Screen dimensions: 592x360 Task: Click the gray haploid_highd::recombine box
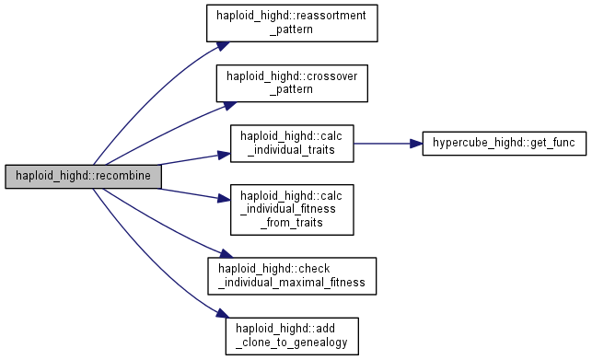coord(83,176)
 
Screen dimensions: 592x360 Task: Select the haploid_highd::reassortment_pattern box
coord(292,23)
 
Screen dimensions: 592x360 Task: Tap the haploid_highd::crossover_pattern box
coord(292,83)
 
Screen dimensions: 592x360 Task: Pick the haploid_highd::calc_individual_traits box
coord(292,144)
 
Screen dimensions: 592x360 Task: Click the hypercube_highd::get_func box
coord(504,143)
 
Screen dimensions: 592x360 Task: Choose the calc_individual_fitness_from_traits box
coord(292,210)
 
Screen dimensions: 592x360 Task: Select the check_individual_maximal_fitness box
coord(292,276)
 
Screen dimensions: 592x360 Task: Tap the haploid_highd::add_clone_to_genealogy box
coord(292,336)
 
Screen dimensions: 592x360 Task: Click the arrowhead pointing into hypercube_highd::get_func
coord(416,144)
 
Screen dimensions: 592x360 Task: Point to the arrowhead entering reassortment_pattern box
coord(224,46)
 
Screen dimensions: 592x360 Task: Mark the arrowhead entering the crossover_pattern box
coord(230,105)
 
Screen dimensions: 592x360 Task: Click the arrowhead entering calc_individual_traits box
coord(225,155)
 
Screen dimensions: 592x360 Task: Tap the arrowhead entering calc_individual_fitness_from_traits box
coord(225,199)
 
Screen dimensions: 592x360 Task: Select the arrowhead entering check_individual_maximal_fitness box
coord(226,254)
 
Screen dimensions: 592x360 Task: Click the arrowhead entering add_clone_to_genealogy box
coord(223,314)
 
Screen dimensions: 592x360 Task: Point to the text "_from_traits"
coord(292,223)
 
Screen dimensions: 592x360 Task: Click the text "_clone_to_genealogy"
coord(292,343)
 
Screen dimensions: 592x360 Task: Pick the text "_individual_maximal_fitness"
coord(292,283)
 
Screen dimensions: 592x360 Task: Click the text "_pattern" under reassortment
coord(292,29)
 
